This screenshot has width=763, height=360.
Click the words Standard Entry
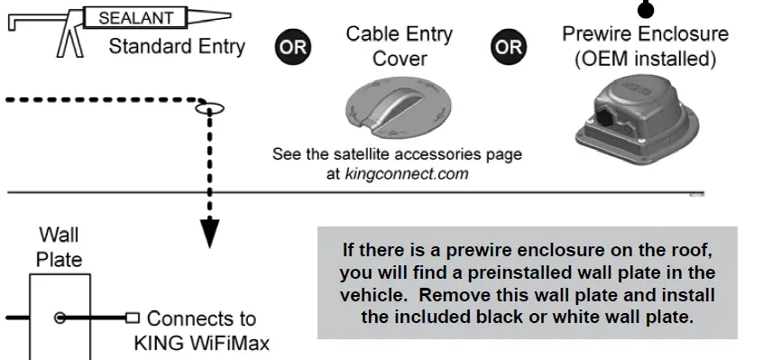click(177, 47)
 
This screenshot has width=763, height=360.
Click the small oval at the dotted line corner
click(210, 108)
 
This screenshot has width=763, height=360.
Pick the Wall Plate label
click(59, 247)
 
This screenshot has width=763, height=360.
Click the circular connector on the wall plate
click(60, 318)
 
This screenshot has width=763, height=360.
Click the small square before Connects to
click(133, 318)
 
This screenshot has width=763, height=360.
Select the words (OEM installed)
click(646, 60)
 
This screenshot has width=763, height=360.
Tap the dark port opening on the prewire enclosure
click(602, 118)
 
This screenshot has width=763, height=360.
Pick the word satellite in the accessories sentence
click(378, 154)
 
